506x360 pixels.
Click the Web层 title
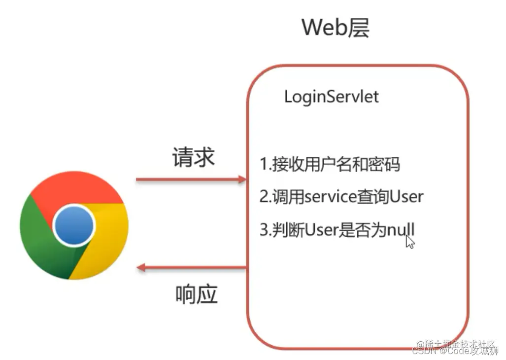[x=336, y=28]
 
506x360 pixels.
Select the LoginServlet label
[x=331, y=96]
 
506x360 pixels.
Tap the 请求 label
[x=193, y=157]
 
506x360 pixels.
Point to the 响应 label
[x=196, y=294]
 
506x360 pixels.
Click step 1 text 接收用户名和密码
[x=335, y=164]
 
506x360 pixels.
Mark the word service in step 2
[x=330, y=197]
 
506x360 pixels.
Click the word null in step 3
[x=401, y=230]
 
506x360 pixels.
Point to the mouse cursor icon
[x=410, y=242]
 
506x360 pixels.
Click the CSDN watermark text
[x=424, y=351]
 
